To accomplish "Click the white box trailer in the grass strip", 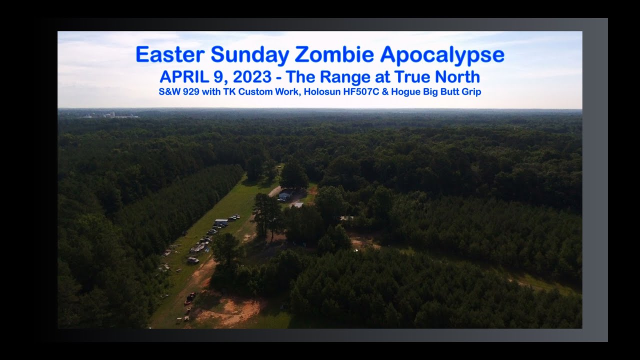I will point(221,221).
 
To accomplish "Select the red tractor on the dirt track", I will point(190,298).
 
